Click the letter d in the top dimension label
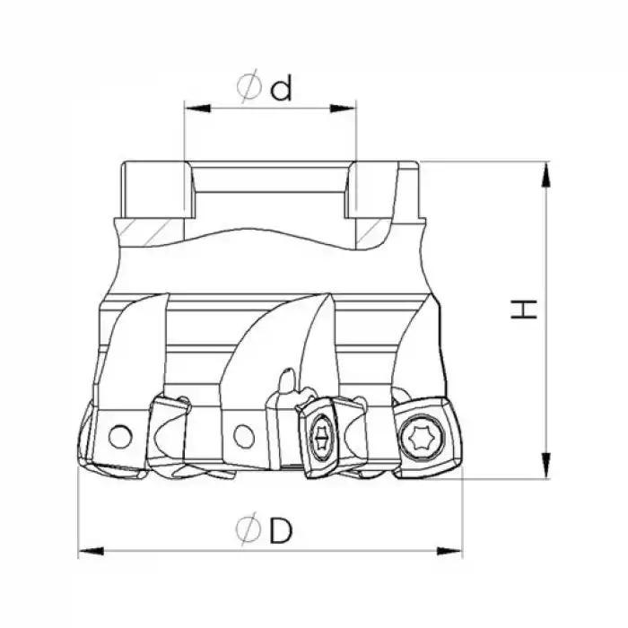(x=281, y=88)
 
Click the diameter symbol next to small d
(x=249, y=87)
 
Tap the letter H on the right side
(x=524, y=310)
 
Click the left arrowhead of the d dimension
(x=197, y=109)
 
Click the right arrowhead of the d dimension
(x=343, y=109)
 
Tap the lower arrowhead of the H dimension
(x=545, y=465)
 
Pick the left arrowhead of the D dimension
(x=91, y=552)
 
